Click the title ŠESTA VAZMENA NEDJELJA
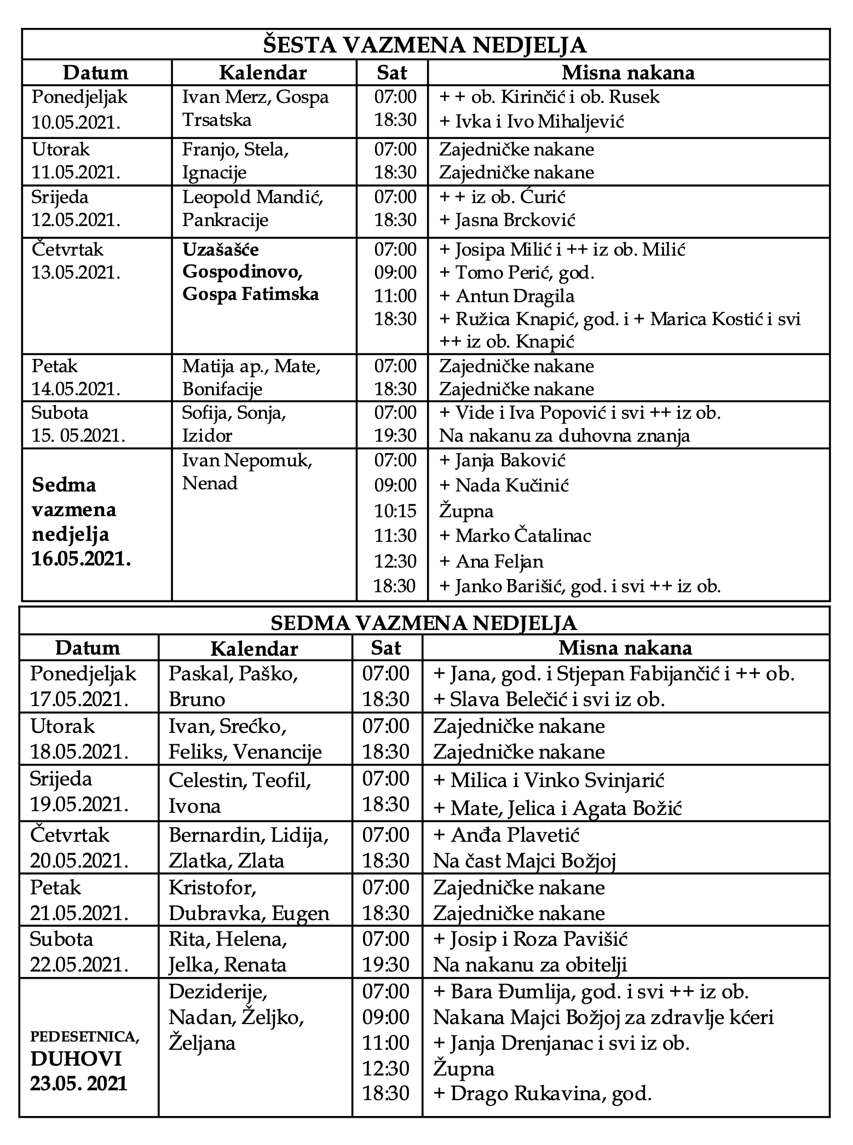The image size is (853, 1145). pyautogui.click(x=425, y=45)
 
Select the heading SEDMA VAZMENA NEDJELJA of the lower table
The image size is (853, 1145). pyautogui.click(x=424, y=622)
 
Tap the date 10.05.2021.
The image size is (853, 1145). pyautogui.click(x=76, y=122)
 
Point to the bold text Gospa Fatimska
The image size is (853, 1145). pyautogui.click(x=251, y=294)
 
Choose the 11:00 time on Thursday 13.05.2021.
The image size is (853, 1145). pyautogui.click(x=395, y=296)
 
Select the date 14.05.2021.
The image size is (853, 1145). pyautogui.click(x=76, y=389)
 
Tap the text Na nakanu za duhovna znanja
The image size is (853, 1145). pyautogui.click(x=564, y=436)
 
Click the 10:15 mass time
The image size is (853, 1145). pyautogui.click(x=395, y=511)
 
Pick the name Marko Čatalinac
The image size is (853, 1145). pyautogui.click(x=523, y=535)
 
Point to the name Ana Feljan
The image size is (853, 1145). pyautogui.click(x=499, y=561)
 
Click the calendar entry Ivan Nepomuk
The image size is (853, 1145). pyautogui.click(x=247, y=460)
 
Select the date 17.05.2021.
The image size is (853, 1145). pyautogui.click(x=79, y=699)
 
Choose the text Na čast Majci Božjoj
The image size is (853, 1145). pyautogui.click(x=525, y=861)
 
